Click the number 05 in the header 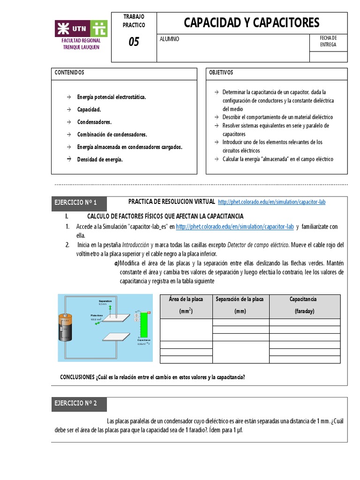point(134,42)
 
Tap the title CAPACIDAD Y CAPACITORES point(251,22)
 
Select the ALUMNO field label point(169,39)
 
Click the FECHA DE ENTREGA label point(328,41)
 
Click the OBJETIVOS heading point(221,73)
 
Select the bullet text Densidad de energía point(100,160)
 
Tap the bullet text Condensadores point(94,122)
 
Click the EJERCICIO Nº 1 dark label point(79,203)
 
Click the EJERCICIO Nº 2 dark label point(79,405)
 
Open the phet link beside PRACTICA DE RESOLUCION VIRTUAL point(271,202)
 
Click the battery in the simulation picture point(65,331)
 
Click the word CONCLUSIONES point(77,377)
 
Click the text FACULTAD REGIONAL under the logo point(81,41)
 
